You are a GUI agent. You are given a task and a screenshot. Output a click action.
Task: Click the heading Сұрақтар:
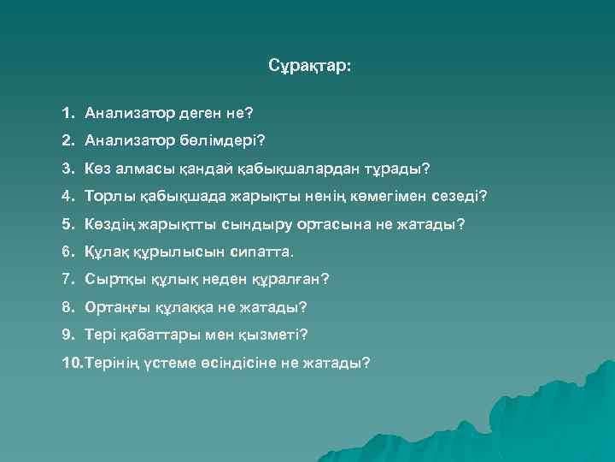click(308, 66)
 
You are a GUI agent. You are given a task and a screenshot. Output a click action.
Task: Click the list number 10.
click(72, 362)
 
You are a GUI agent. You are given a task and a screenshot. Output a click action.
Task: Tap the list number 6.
click(67, 252)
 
